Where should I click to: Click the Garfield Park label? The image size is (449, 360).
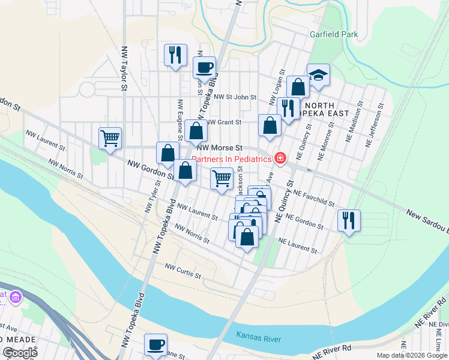coord(334,34)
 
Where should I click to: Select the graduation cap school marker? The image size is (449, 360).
coord(318,76)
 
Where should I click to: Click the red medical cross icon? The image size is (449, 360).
coord(280,158)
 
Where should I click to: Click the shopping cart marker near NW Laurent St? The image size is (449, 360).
coord(110,139)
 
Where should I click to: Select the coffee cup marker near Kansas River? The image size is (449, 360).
coord(156,345)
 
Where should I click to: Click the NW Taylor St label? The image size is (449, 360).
coord(125,69)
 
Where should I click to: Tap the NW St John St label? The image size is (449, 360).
coord(235,97)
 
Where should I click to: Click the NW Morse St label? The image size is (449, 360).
coord(220,147)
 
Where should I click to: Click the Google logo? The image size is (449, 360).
coord(19,353)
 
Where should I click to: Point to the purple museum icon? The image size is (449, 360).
coord(16,296)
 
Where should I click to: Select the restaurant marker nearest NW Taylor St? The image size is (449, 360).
coord(175,55)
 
